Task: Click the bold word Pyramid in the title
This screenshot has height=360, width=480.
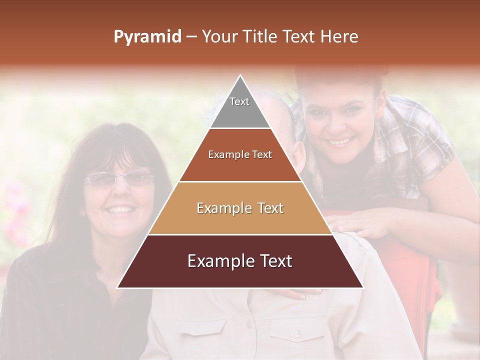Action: tap(147, 37)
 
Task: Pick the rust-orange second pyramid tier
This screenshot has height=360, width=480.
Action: tap(240, 155)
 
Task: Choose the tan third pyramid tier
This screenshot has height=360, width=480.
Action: tap(240, 208)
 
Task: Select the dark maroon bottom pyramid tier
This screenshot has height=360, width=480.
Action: tap(240, 261)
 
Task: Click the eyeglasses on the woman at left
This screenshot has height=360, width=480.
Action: tap(118, 179)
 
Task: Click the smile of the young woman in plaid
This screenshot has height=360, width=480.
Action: tap(340, 141)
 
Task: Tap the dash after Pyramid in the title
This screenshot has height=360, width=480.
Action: tap(191, 37)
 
